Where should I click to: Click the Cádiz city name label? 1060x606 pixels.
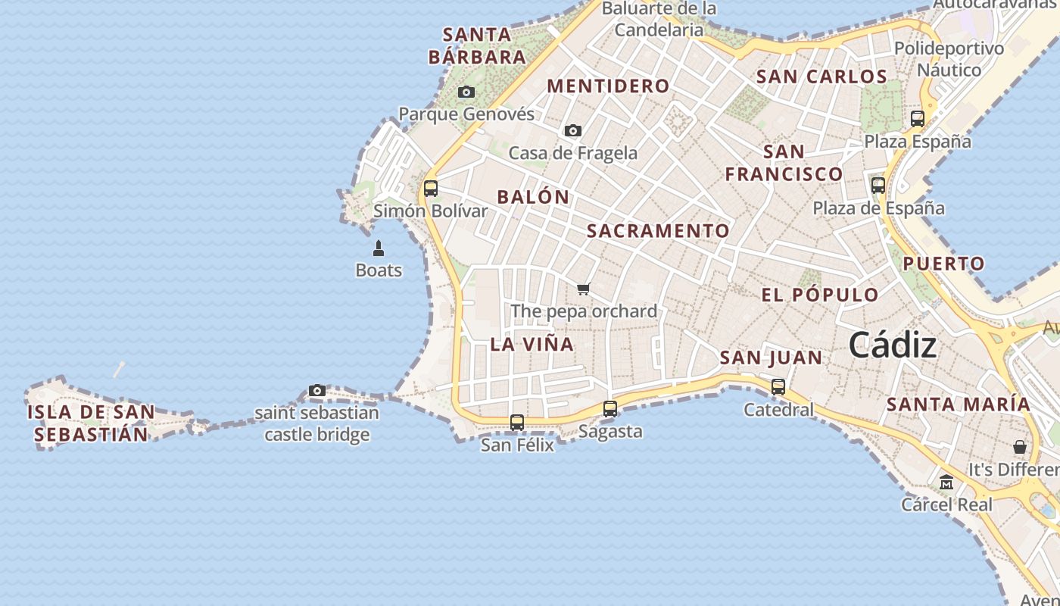coord(892,345)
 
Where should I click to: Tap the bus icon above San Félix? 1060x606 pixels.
coord(517,423)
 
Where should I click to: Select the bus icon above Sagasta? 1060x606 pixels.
coord(610,409)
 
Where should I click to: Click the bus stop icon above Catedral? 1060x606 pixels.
coord(778,387)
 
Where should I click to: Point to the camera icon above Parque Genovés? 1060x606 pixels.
coord(466,92)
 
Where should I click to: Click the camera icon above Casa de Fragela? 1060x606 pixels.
coord(573,131)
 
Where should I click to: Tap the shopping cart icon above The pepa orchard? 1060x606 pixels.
coord(583,289)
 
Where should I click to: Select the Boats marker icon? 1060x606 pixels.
coord(379,248)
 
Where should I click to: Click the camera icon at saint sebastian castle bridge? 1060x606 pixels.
coord(317,391)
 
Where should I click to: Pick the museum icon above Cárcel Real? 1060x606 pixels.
coord(946,482)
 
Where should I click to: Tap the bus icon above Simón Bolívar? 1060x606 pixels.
coord(431,189)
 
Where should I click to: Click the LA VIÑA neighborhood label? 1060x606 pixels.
coord(532,344)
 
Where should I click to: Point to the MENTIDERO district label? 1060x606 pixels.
coord(608,86)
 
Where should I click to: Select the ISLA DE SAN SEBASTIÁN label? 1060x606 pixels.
coord(91,423)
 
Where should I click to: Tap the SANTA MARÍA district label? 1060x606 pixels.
coord(958,405)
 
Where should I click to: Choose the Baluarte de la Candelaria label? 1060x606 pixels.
coord(659,20)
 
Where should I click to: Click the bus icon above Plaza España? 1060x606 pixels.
coord(918,119)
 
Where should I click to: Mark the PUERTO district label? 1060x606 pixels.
coord(943,264)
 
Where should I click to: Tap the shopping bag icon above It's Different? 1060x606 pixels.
coord(1020,447)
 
